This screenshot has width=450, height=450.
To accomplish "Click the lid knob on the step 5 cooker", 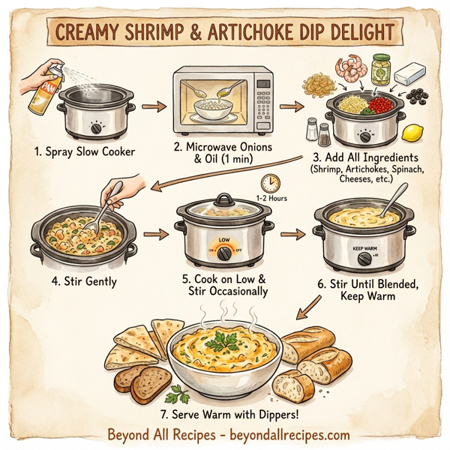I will click(223, 198).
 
